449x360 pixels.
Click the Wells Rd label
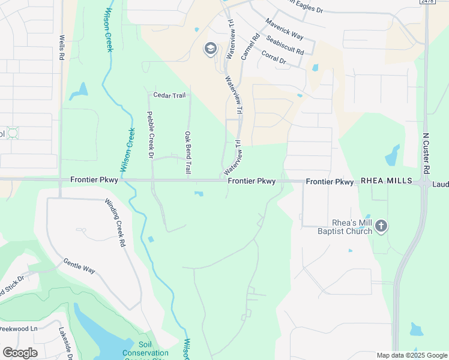[x=61, y=46]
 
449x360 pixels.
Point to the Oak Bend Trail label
[x=188, y=154]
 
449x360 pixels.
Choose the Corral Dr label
[x=275, y=56]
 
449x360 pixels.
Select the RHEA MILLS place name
[x=385, y=181]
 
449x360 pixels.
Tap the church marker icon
[x=382, y=226]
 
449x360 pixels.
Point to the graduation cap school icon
[x=210, y=49]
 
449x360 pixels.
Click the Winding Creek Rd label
[x=115, y=223]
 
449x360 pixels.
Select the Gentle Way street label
[x=79, y=266]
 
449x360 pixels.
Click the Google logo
[x=20, y=353]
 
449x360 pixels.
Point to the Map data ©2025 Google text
[x=412, y=355]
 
